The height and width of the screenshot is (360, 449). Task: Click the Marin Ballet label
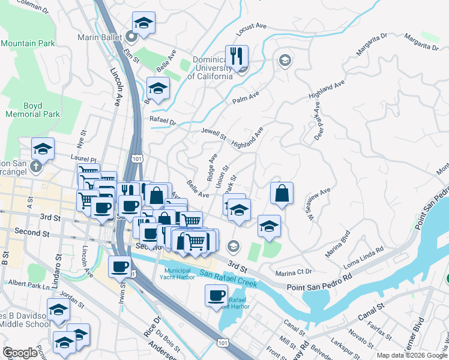coord(100,37)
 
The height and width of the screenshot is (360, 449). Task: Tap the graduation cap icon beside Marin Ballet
coord(143,23)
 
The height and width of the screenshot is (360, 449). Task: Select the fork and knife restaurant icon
coord(237,57)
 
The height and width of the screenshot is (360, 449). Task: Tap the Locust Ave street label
coord(252,26)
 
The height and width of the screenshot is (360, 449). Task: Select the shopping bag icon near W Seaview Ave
coord(282,193)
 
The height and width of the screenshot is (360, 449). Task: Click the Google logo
coord(20,353)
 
